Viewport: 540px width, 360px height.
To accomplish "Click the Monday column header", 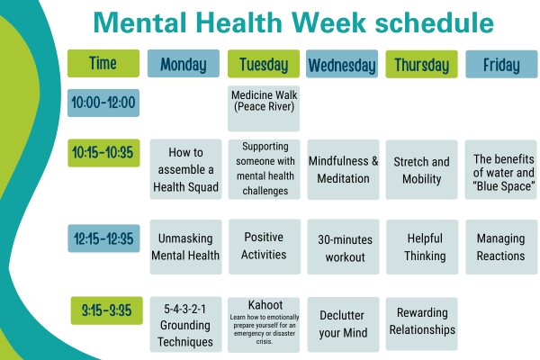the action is pyautogui.click(x=184, y=63).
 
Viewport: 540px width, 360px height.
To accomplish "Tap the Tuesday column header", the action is pyautogui.click(x=264, y=64).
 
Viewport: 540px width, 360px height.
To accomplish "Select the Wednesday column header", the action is pyautogui.click(x=342, y=64).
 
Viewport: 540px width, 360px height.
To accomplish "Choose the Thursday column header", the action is pyautogui.click(x=421, y=64).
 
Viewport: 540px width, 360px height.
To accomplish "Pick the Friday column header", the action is pyautogui.click(x=501, y=64).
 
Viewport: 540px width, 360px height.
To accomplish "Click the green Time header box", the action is pyautogui.click(x=103, y=63).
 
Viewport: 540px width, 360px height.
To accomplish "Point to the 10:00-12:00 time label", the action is pyautogui.click(x=103, y=103).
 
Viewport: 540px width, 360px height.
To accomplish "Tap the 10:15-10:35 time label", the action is pyautogui.click(x=103, y=153).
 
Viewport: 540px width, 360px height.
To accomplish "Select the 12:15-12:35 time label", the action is pyautogui.click(x=103, y=238).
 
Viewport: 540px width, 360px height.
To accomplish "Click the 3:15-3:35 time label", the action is pyautogui.click(x=107, y=310).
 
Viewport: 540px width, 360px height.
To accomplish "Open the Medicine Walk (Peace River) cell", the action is pyautogui.click(x=264, y=109).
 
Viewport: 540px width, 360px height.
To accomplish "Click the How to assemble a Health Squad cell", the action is pyautogui.click(x=185, y=169).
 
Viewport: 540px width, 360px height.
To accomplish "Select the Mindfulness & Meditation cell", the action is pyautogui.click(x=344, y=169).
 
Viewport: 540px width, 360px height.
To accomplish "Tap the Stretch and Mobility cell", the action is pyautogui.click(x=421, y=169).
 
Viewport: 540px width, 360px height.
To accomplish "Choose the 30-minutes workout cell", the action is pyautogui.click(x=344, y=247).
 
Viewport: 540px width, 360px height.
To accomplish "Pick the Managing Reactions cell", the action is pyautogui.click(x=501, y=247).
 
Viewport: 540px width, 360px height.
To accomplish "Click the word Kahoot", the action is pyautogui.click(x=265, y=305).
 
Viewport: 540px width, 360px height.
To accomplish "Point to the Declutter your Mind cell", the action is pyautogui.click(x=344, y=325).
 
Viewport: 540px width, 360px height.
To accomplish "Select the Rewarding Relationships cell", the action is pyautogui.click(x=421, y=324).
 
